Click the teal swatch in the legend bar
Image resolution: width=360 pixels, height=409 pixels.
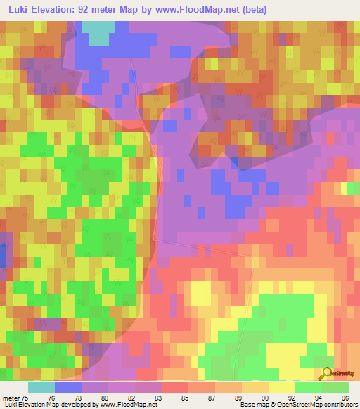click(x=41, y=387)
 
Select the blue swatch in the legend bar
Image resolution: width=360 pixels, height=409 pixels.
click(x=68, y=387)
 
